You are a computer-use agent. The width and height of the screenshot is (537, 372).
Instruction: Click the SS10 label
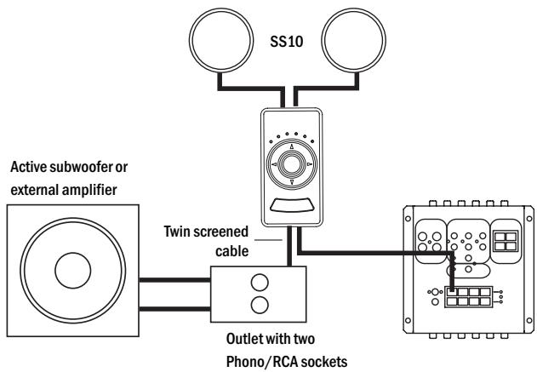(286, 42)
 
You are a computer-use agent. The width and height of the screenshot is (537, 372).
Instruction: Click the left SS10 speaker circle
(190, 40)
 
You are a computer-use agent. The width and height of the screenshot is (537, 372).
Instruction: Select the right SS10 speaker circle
(322, 40)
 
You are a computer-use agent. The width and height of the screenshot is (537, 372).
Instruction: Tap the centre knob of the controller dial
(291, 163)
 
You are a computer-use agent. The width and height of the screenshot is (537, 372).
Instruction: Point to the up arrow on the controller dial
(291, 146)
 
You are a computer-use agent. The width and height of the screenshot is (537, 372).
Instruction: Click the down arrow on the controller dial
(291, 181)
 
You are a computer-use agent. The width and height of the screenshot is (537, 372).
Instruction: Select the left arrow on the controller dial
(274, 164)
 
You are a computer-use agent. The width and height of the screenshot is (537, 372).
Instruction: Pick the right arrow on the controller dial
(310, 164)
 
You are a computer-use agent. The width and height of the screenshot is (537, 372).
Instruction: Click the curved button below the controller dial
(291, 205)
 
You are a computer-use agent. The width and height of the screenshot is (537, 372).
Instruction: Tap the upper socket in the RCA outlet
(260, 283)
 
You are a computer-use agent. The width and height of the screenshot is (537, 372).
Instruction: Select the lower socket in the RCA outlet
(260, 305)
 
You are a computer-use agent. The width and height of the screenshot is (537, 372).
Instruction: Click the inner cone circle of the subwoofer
(73, 271)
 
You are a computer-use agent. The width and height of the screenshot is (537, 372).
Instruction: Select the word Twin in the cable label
(177, 232)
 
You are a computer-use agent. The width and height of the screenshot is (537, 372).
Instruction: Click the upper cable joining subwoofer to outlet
(174, 280)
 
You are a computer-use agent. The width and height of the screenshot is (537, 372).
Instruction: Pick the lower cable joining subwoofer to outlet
(174, 309)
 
